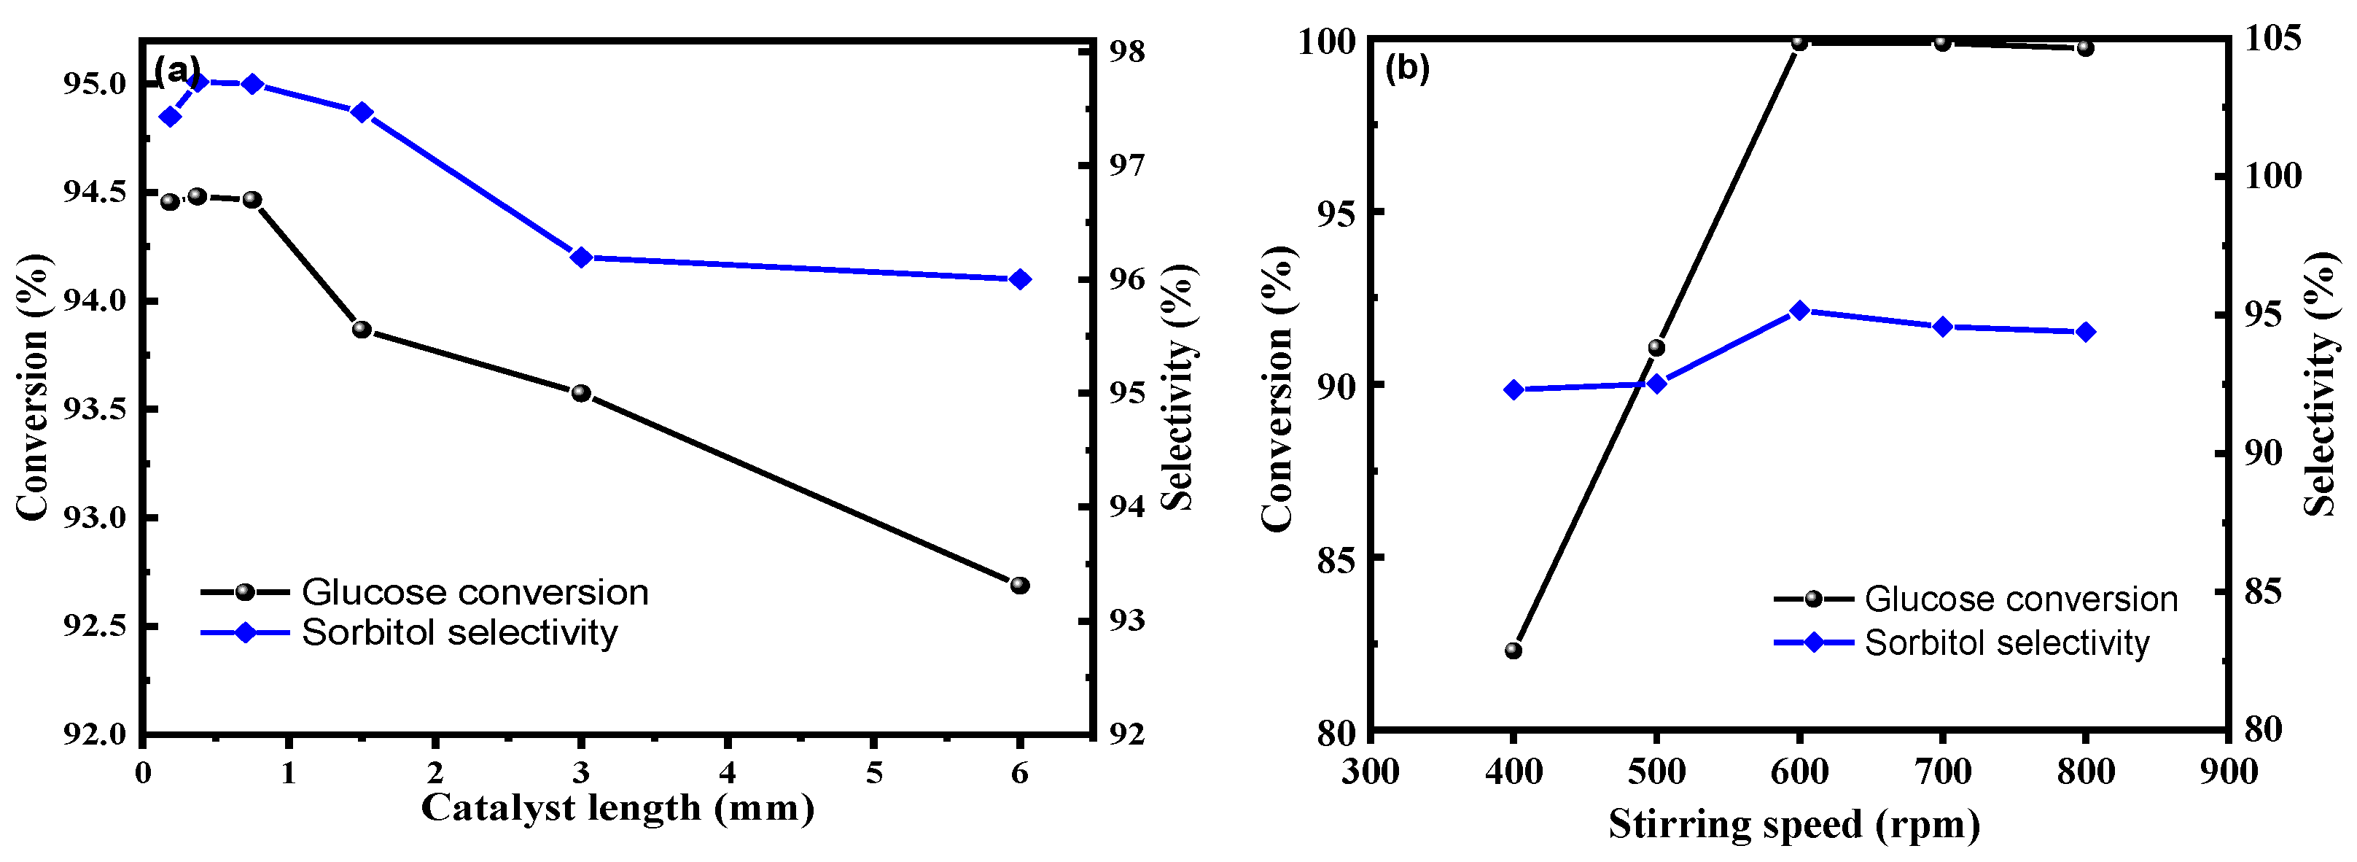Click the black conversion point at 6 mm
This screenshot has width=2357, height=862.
tap(1019, 585)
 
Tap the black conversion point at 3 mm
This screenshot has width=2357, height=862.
tap(581, 394)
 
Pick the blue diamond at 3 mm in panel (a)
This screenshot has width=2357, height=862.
tap(581, 257)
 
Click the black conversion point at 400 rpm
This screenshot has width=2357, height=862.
tap(1513, 651)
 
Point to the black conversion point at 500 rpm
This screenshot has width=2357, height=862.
tap(1656, 348)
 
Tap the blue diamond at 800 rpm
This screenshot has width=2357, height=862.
tap(2085, 332)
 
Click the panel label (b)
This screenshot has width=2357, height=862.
tap(1406, 69)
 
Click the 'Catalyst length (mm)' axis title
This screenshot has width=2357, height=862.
tap(617, 809)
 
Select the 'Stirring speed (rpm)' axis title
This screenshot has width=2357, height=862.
tap(1794, 825)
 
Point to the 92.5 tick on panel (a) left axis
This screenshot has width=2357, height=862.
tap(94, 626)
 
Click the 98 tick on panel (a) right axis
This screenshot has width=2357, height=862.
tap(1126, 51)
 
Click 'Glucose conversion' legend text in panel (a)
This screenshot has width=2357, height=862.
tap(475, 593)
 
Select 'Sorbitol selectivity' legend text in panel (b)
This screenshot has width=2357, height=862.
tap(2006, 643)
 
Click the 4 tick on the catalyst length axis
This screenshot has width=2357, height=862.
tap(727, 773)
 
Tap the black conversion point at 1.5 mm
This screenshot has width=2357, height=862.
tap(362, 330)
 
